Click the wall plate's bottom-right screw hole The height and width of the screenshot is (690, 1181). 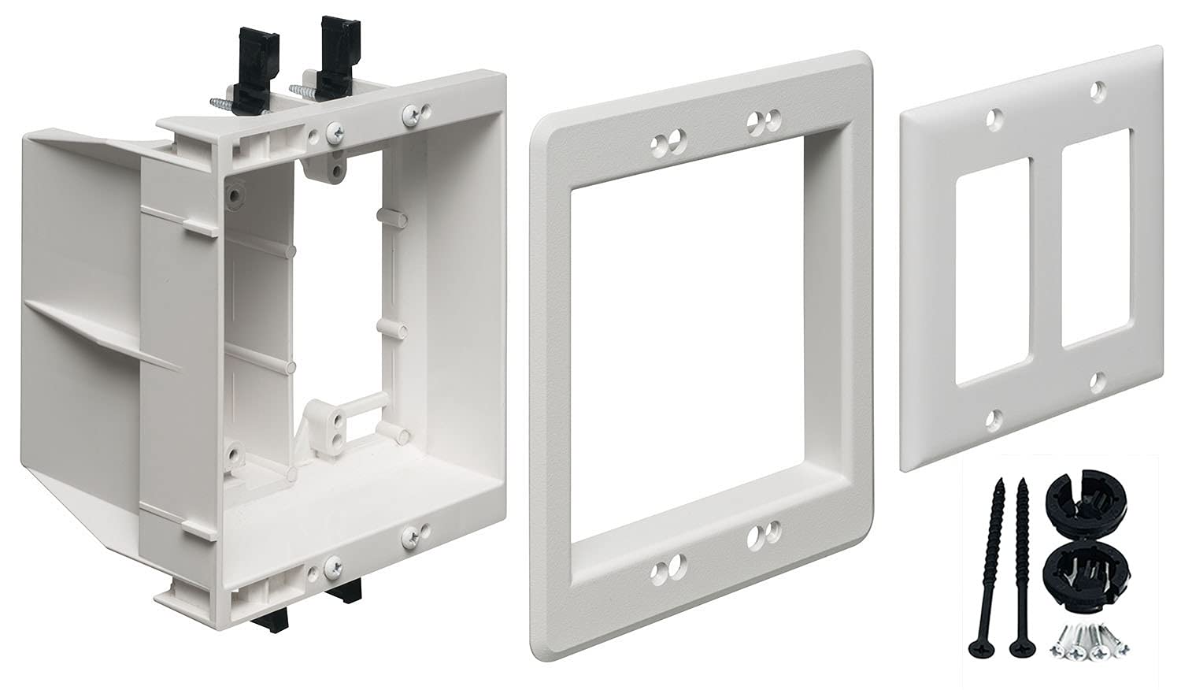(1097, 384)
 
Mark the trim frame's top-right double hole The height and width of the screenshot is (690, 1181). (762, 121)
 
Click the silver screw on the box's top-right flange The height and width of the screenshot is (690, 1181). (411, 114)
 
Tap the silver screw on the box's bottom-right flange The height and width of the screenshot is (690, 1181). (411, 537)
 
